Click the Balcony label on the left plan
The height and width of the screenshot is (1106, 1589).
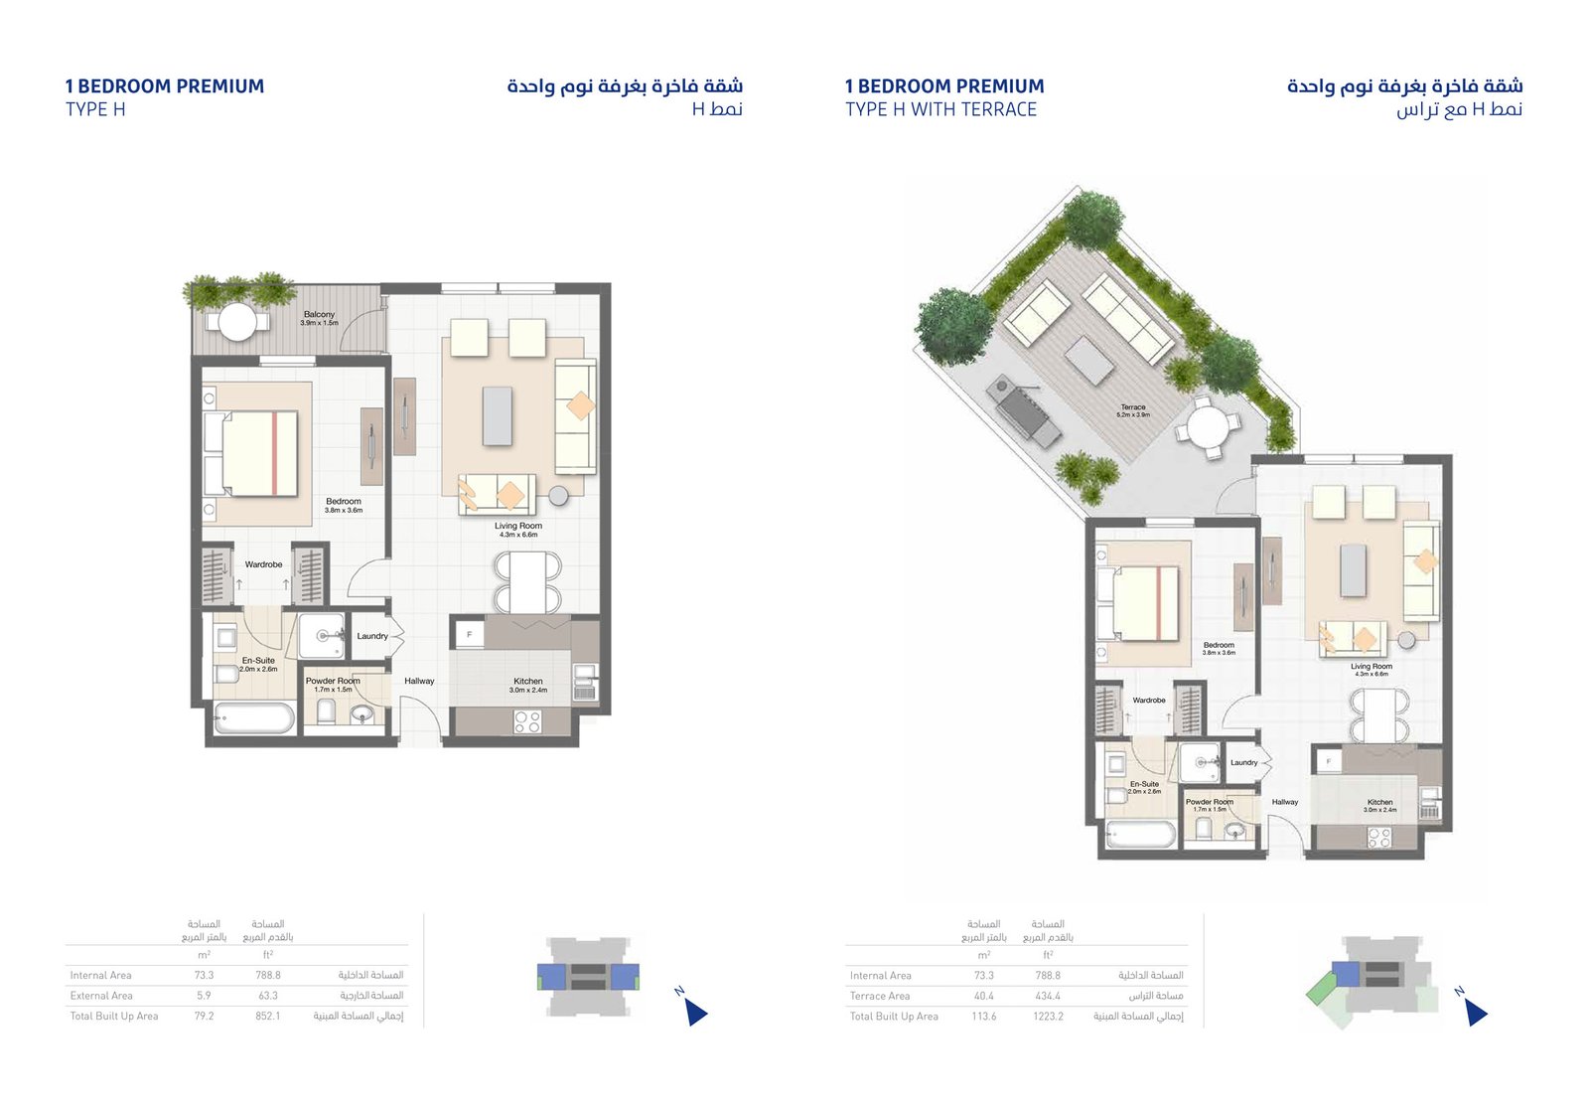pyautogui.click(x=319, y=315)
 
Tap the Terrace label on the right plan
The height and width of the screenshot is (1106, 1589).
pyautogui.click(x=1133, y=407)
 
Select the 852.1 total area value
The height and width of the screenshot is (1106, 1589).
pyautogui.click(x=267, y=1017)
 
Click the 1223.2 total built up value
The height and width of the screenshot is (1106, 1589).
pyautogui.click(x=1048, y=1017)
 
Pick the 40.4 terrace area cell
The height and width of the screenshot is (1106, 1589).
pyautogui.click(x=984, y=996)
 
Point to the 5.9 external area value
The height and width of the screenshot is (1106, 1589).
pyautogui.click(x=204, y=996)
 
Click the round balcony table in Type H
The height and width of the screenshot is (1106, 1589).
pyautogui.click(x=237, y=321)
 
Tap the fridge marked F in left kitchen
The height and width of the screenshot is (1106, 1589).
pyautogui.click(x=469, y=634)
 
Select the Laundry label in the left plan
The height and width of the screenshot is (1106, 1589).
pyautogui.click(x=372, y=636)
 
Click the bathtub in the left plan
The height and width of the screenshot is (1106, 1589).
pyautogui.click(x=254, y=717)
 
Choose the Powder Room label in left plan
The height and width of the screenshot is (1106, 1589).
pyautogui.click(x=333, y=682)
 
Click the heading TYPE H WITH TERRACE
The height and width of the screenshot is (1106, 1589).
pyautogui.click(x=940, y=110)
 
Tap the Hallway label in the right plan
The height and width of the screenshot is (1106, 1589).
pyautogui.click(x=1284, y=802)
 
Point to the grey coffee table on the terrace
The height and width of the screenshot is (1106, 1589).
pyautogui.click(x=1089, y=360)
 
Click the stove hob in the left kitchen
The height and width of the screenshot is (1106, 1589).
pyautogui.click(x=526, y=722)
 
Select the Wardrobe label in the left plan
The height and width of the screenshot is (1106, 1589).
pyautogui.click(x=263, y=564)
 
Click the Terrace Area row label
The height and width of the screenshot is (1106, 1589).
pyautogui.click(x=880, y=996)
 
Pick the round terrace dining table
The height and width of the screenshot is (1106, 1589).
pyautogui.click(x=1208, y=428)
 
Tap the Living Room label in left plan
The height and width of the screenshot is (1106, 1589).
pyautogui.click(x=518, y=527)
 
